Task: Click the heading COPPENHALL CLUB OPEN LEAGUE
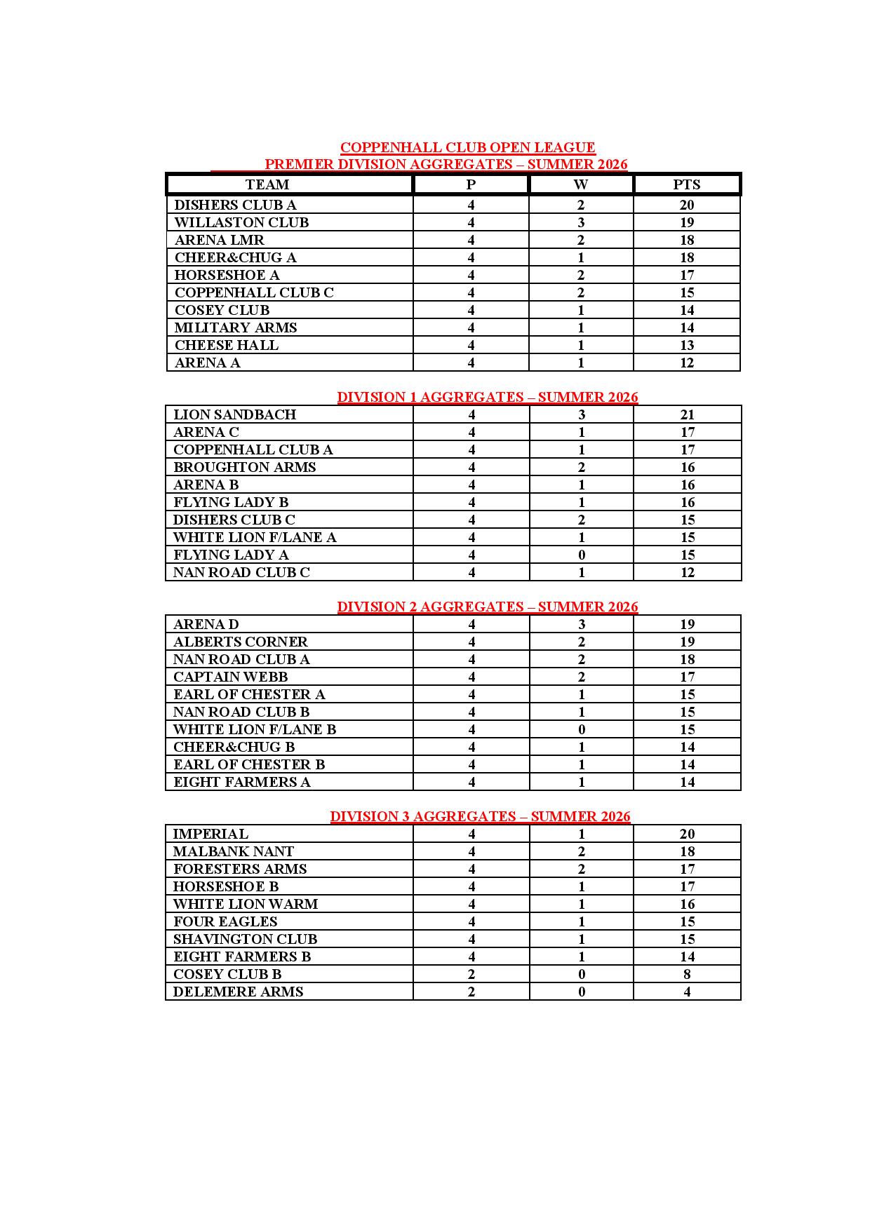click(467, 147)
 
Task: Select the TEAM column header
click(267, 184)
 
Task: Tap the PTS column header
click(686, 184)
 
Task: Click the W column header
click(580, 184)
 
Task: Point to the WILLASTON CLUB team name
click(241, 222)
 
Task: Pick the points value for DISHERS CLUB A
click(686, 205)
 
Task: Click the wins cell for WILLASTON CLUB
click(580, 222)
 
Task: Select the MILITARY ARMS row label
click(236, 327)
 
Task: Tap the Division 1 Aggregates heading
click(487, 397)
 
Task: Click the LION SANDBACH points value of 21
click(687, 414)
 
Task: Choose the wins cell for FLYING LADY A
click(581, 555)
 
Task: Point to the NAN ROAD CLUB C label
click(241, 572)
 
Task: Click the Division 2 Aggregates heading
click(487, 607)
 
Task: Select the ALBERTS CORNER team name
click(240, 642)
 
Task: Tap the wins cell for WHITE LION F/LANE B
click(581, 729)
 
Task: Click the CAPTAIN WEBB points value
click(687, 677)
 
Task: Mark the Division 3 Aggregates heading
click(480, 816)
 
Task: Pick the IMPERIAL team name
click(210, 834)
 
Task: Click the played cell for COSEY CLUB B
click(471, 974)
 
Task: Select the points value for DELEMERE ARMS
click(687, 992)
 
